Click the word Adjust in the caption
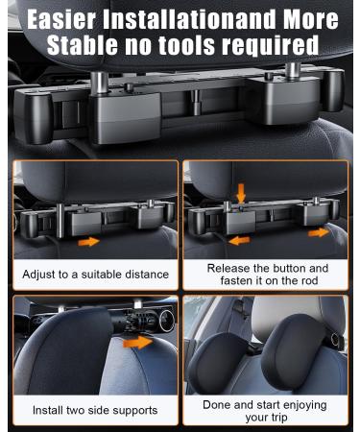(42, 275)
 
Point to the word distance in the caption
(143, 275)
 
